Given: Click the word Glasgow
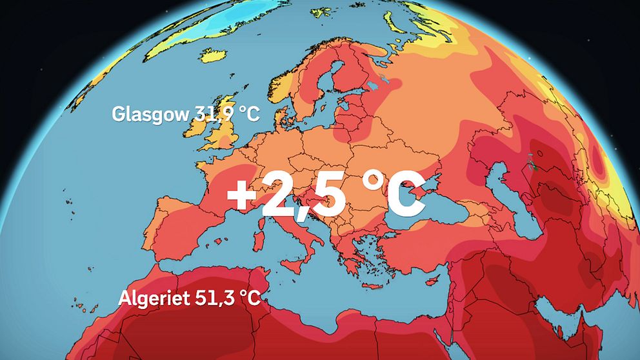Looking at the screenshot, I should pos(150,114).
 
